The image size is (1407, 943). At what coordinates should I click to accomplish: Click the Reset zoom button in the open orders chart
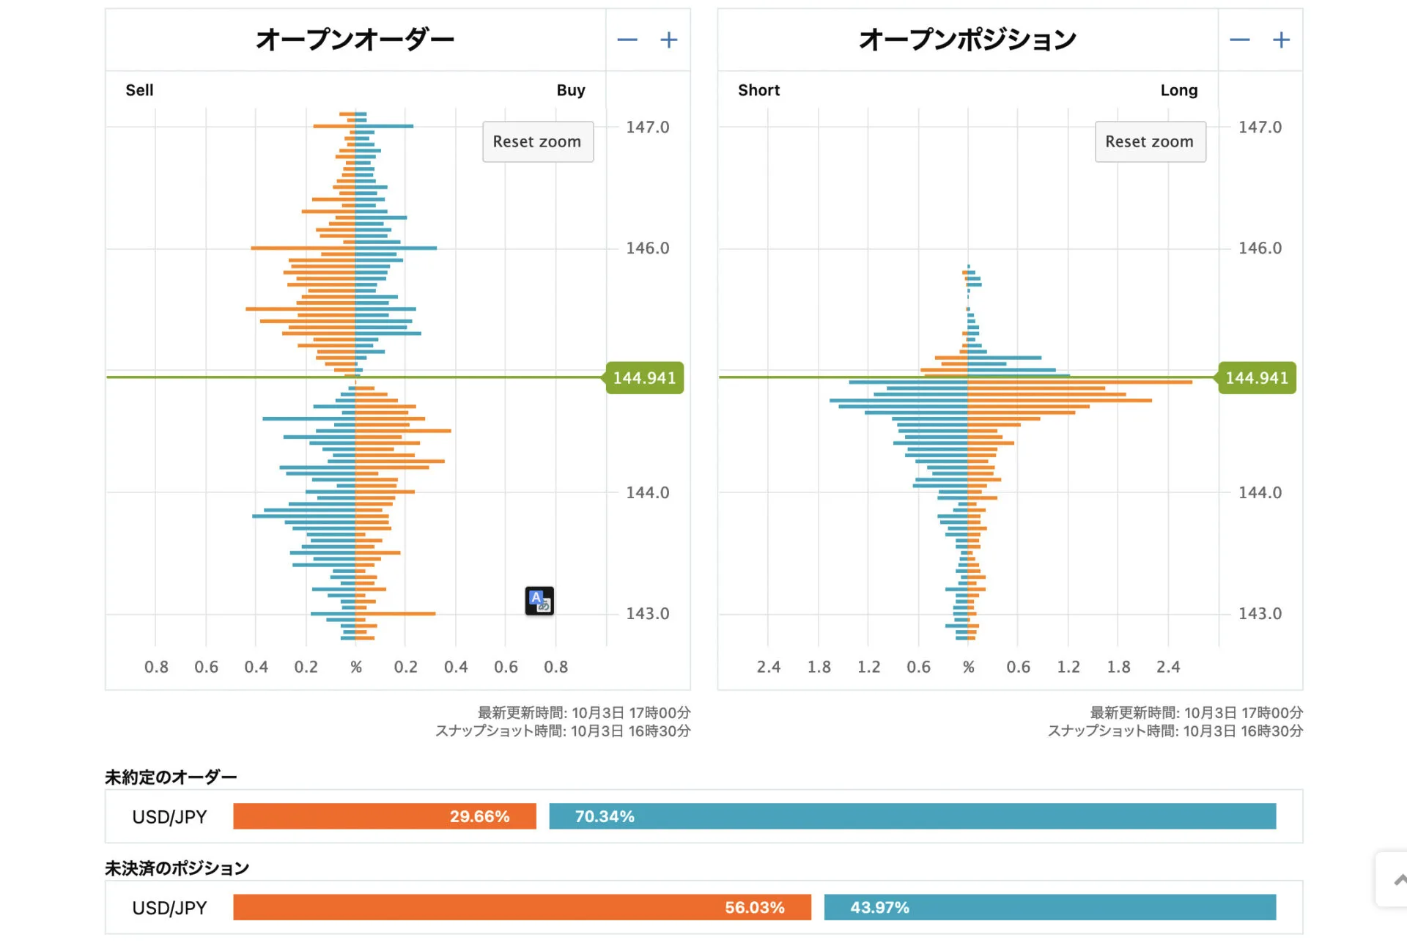tap(537, 141)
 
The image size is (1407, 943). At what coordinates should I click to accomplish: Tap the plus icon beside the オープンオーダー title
tap(668, 40)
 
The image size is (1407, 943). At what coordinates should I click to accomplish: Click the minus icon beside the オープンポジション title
tap(1239, 40)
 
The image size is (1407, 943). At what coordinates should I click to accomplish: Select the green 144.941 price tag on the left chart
tap(644, 378)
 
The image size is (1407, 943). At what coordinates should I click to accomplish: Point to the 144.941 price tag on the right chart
tap(1256, 378)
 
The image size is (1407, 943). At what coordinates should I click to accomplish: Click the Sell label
tap(139, 90)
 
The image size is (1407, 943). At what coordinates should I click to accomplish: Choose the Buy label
tap(570, 90)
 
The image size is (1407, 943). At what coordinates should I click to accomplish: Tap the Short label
tap(758, 90)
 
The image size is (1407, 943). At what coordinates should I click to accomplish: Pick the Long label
tap(1178, 90)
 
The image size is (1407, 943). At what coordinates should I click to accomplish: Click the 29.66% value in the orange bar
tap(479, 816)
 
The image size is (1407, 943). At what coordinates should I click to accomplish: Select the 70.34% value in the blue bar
tap(605, 816)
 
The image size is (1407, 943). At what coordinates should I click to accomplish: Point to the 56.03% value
tap(754, 907)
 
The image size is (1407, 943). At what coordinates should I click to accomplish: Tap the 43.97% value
tap(879, 907)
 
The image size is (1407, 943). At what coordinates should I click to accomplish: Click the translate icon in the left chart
tap(539, 601)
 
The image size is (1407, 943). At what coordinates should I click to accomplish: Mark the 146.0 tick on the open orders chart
tap(647, 248)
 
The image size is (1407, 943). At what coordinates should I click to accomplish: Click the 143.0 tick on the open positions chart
tap(1260, 614)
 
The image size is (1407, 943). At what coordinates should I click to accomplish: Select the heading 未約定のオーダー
tap(171, 777)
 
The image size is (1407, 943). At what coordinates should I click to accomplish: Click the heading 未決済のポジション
tap(177, 868)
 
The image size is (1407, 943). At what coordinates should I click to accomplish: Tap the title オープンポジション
tap(967, 40)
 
